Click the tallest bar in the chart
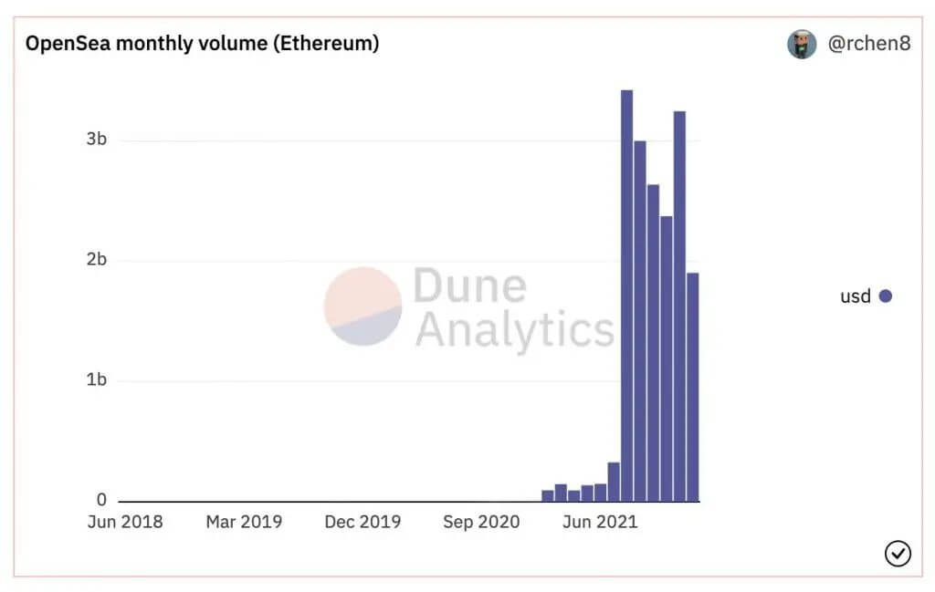coord(626,296)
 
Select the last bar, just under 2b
coord(692,387)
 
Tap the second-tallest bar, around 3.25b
coord(679,306)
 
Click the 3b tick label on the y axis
coord(97,139)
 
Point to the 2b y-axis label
coord(97,259)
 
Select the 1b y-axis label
coord(97,379)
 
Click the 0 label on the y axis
coord(101,500)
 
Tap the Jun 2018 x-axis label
coord(125,522)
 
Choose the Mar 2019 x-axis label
coord(244,522)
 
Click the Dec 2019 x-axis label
coord(362,522)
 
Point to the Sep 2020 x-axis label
coord(481,522)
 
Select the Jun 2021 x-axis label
coord(600,522)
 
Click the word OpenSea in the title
coord(68,44)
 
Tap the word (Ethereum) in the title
coord(326,44)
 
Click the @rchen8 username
coord(869,44)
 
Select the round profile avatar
coord(802,44)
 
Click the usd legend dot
coord(886,296)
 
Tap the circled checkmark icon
coord(898,554)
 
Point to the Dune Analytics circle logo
coord(362,306)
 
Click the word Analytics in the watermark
coord(515,330)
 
